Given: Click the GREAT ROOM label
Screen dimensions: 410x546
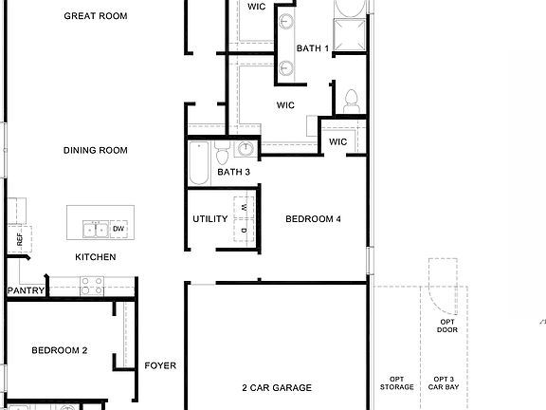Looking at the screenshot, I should click(x=95, y=16).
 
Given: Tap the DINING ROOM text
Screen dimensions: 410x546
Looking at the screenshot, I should click(x=95, y=150).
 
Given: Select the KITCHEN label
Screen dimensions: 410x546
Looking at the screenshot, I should click(x=96, y=257).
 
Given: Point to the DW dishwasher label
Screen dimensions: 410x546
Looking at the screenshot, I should click(x=118, y=229).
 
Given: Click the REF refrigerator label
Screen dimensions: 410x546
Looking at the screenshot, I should click(x=19, y=239).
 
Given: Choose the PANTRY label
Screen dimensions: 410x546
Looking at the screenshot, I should click(x=26, y=290).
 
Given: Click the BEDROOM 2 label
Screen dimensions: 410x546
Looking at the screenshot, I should click(x=59, y=350).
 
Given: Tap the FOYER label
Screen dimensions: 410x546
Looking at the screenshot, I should click(x=160, y=365).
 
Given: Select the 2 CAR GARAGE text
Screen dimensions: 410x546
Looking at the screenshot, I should click(x=277, y=387).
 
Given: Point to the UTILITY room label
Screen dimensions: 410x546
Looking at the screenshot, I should click(x=210, y=219).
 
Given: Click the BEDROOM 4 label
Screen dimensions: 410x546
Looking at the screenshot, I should click(x=313, y=219).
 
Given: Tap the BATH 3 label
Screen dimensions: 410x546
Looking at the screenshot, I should click(x=233, y=172).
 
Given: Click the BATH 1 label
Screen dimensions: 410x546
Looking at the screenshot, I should click(x=313, y=47).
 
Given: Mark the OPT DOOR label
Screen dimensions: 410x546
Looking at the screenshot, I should click(x=447, y=326).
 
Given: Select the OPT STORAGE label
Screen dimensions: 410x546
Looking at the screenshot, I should click(x=397, y=383).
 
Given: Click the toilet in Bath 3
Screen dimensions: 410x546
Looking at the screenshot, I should click(x=221, y=154).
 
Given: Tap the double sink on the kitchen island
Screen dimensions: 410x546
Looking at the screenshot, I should click(x=94, y=229).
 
